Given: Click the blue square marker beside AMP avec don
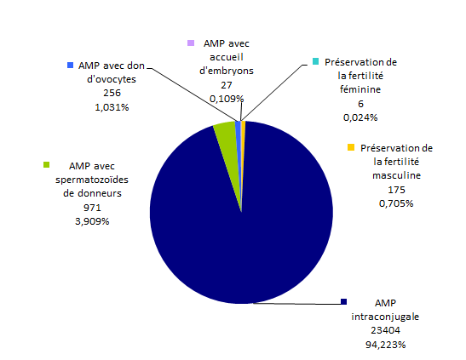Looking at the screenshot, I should [70, 64].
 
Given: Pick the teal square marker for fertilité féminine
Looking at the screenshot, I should [315, 61].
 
